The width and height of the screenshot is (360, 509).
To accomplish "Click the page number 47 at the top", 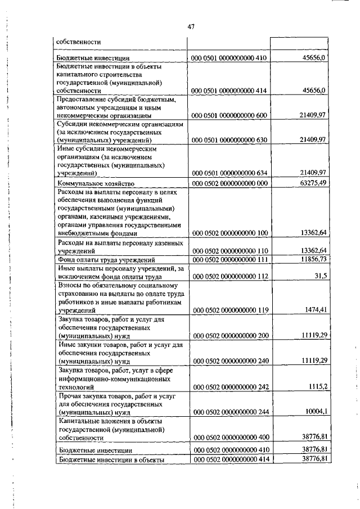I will (x=191, y=26).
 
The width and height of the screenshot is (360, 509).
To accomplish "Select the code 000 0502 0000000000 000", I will (x=231, y=183).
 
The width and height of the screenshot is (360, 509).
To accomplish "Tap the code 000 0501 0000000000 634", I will (x=231, y=172).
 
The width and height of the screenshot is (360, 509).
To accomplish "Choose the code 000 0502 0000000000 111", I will (x=231, y=259).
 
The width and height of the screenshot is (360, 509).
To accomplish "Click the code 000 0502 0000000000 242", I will (x=231, y=388).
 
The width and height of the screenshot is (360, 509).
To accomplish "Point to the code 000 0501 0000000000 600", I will (x=231, y=115).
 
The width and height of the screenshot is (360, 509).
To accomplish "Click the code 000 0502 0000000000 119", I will (x=231, y=310).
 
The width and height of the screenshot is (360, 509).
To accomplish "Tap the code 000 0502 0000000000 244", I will (x=231, y=412).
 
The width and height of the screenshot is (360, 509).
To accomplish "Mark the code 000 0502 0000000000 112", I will (x=231, y=277).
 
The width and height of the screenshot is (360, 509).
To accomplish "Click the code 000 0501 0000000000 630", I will (x=231, y=139).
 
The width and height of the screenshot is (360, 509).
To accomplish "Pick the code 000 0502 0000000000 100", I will (x=231, y=233).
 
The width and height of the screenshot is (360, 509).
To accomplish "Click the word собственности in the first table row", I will (x=79, y=41).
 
